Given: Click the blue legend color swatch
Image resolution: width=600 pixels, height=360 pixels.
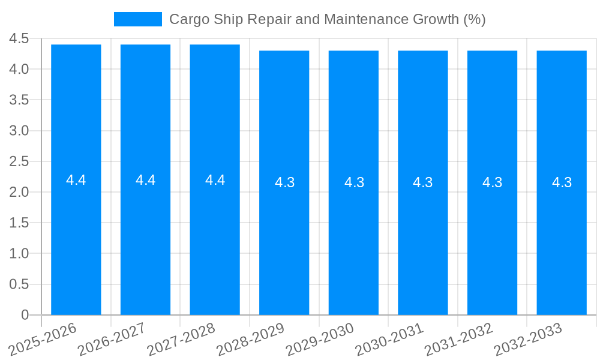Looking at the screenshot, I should coord(138,19).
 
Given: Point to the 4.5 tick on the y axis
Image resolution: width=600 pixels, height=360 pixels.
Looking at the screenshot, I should coord(19,39).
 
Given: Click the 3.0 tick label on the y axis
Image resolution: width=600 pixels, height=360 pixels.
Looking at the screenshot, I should coord(19,131).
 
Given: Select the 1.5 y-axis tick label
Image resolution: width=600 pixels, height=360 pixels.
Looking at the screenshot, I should coord(19,223).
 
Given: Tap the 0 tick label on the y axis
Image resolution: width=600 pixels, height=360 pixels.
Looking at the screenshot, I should coord(25,315).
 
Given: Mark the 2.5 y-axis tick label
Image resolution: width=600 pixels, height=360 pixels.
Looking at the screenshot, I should coord(19,161).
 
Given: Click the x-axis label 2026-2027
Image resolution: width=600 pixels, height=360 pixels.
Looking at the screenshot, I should coord(112,339).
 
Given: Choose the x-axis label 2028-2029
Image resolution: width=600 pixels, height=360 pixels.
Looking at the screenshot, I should coord(251,339).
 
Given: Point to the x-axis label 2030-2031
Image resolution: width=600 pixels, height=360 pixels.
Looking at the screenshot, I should coord(389,339).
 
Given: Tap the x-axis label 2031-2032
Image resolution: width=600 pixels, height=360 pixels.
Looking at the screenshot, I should coord(459,339).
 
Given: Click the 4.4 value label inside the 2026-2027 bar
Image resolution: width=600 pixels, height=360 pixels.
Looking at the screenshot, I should coord(146,180).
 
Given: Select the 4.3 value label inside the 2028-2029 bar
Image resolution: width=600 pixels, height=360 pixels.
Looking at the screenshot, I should coord(284,182).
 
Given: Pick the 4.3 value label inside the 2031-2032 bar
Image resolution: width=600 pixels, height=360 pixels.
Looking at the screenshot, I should coord(493,182).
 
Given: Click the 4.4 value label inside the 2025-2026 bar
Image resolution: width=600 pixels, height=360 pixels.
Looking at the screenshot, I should coord(76,180).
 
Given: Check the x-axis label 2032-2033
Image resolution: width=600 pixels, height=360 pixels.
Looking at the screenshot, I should coord(528,339).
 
